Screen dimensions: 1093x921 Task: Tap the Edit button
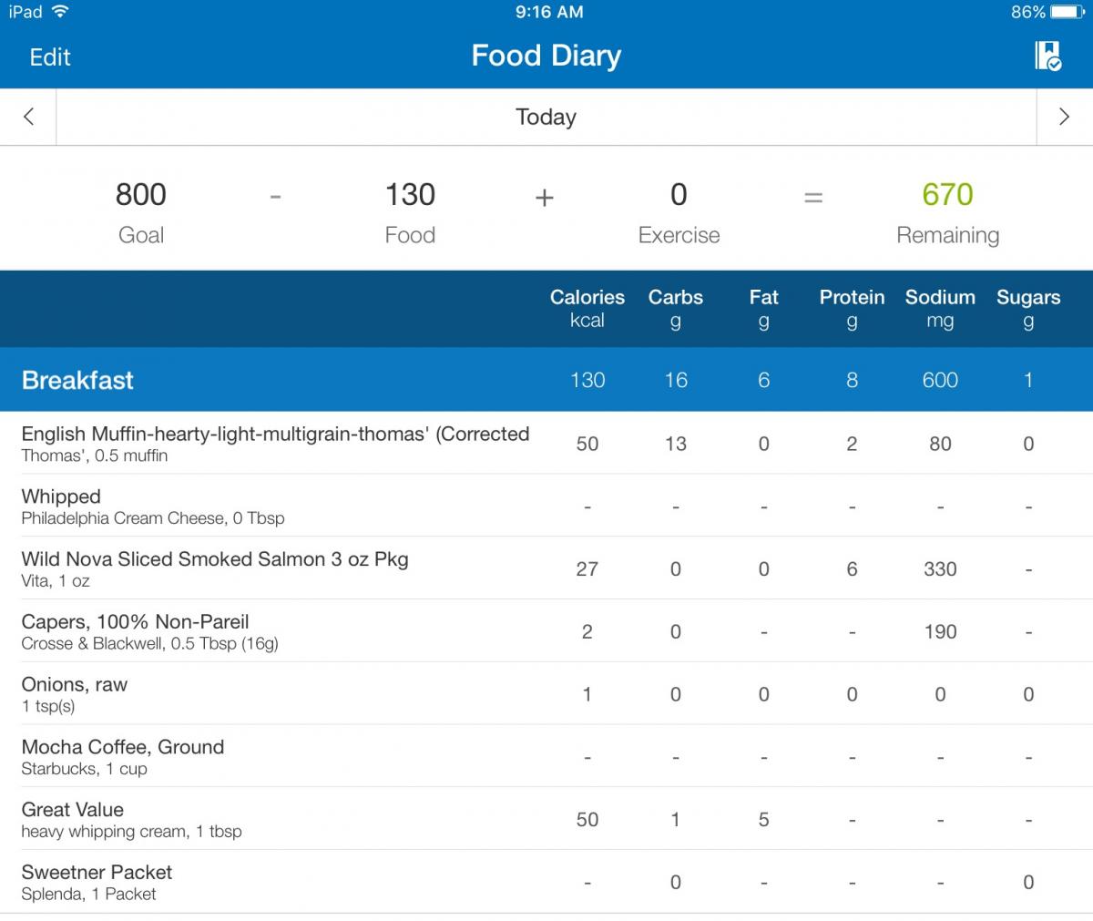[50, 56]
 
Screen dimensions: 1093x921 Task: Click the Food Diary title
[546, 56]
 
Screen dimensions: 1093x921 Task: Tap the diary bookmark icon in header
[1048, 56]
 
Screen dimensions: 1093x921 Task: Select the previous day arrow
[29, 117]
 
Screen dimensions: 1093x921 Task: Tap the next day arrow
[1064, 117]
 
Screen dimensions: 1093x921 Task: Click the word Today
[546, 117]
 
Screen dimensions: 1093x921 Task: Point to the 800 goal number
[141, 194]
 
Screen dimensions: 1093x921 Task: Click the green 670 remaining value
[947, 194]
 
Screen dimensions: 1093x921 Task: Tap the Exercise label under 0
[679, 235]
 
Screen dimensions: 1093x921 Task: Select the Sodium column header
[940, 297]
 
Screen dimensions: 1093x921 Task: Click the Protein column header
[852, 297]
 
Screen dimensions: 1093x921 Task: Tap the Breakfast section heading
[77, 380]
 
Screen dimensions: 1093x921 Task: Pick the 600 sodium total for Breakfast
[940, 380]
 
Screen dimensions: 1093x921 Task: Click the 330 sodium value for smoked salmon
[940, 569]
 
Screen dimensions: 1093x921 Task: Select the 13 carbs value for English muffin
[676, 444]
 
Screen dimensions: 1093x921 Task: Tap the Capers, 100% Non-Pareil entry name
[135, 622]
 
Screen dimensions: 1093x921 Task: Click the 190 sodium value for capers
[941, 632]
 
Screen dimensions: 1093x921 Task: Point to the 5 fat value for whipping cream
[764, 820]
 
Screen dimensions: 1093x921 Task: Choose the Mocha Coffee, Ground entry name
[122, 747]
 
